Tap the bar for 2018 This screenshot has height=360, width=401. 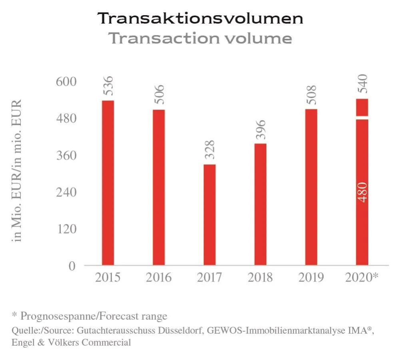coord(260,204)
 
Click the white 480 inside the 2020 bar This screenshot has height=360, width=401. coord(363,192)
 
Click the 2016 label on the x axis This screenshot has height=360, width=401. coord(159,277)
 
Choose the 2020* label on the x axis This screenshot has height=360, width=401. coord(362,277)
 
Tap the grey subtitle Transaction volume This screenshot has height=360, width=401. coord(200,38)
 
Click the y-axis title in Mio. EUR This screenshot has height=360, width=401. coord(18,170)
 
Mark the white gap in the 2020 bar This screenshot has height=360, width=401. coord(362,117)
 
